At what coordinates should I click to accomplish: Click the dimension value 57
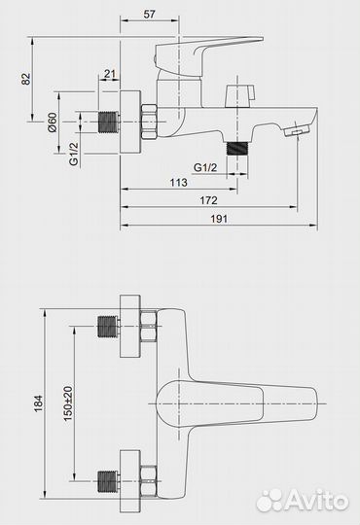click(150, 14)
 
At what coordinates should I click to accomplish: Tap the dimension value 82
click(26, 79)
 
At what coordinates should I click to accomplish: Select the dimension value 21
click(109, 74)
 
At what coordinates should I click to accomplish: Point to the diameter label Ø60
click(53, 122)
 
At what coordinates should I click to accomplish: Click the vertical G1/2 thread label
click(73, 154)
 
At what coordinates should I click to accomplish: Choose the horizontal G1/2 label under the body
click(205, 167)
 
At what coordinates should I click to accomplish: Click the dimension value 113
click(178, 183)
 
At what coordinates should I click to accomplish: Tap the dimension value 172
click(208, 200)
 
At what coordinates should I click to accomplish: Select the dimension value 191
click(219, 219)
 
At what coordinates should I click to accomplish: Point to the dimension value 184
click(38, 403)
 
